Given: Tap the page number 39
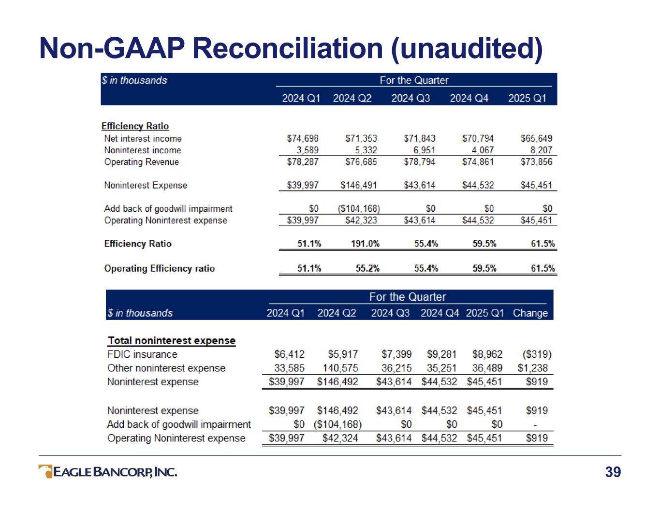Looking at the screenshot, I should point(613,472).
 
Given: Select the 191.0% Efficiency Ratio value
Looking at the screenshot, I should point(365,244).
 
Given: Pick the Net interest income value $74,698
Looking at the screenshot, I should point(303,138).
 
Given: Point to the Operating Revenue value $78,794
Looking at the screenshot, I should point(419,162).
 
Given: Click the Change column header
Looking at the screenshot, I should point(530,313).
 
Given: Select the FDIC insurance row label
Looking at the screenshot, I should point(142,354).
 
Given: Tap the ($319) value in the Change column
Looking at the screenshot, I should point(537,354).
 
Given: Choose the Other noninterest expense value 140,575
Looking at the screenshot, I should point(340,368).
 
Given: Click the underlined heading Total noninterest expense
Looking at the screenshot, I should point(172,341).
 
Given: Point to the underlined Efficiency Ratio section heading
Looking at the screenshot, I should point(135,126).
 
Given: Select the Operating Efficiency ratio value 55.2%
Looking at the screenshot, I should point(367,268).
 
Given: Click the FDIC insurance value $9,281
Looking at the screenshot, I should point(441,354).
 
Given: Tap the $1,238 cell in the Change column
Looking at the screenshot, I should point(533,368).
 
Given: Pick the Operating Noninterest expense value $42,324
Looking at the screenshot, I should point(340,438).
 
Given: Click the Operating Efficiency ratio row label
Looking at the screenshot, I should point(159,268).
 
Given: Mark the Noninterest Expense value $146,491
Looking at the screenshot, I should point(359,185).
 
